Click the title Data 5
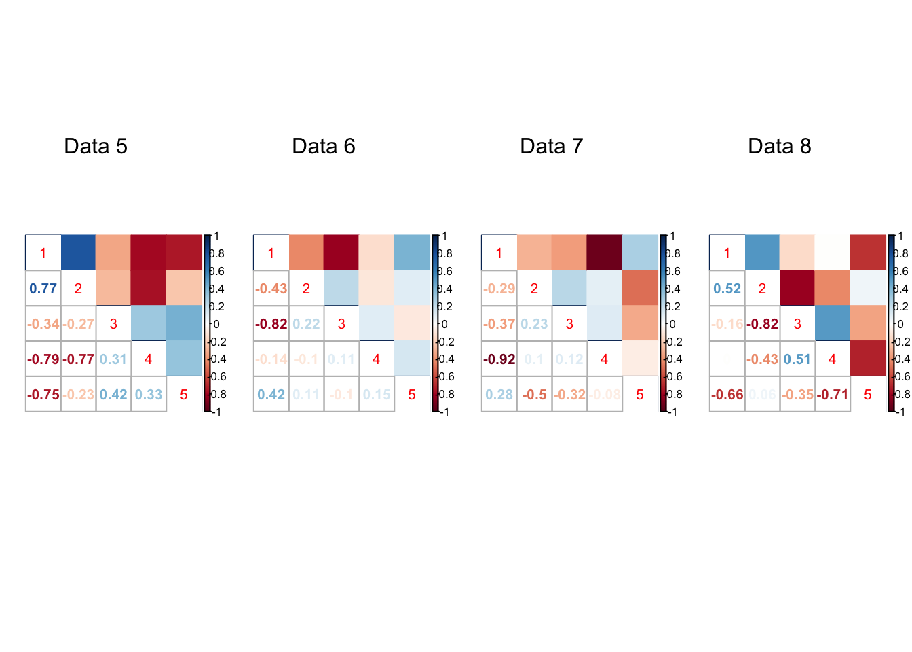[96, 146]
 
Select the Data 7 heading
[552, 146]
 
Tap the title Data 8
[780, 146]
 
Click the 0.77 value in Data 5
[43, 289]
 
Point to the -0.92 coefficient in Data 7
[499, 359]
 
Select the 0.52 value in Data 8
[727, 289]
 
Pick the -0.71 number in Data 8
[832, 395]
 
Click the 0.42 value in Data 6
[271, 395]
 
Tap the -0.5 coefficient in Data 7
[534, 395]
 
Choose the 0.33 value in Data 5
[149, 395]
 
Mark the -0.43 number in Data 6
[271, 289]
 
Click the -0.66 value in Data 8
[727, 395]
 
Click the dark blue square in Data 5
[78, 253]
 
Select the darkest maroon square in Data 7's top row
[605, 253]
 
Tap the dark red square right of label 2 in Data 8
[797, 288]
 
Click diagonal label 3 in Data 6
[341, 324]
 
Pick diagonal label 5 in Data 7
[640, 395]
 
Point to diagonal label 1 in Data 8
[727, 253]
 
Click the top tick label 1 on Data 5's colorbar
[216, 236]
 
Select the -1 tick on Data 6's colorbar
[444, 412]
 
